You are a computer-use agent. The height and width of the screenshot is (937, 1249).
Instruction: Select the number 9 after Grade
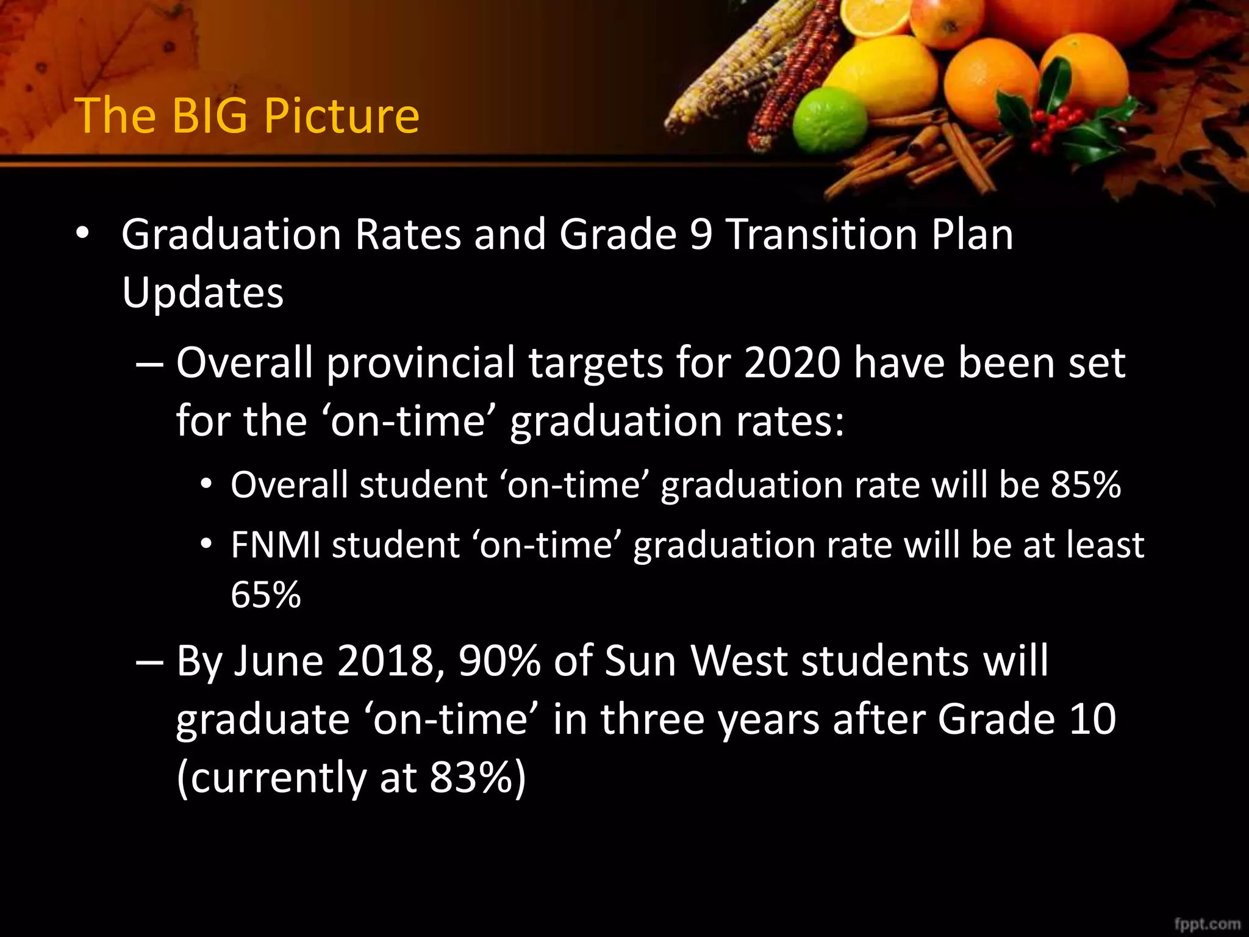point(701,234)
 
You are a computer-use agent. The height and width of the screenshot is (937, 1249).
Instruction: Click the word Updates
point(202,293)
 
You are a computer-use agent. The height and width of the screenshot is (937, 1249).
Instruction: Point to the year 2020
point(792,363)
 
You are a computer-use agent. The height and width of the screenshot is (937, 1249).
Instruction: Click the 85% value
point(1086,485)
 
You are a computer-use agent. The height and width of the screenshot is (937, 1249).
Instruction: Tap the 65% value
point(266,594)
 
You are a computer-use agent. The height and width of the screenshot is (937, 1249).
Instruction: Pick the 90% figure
point(499,661)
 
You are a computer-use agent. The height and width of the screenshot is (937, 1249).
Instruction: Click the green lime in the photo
point(829,120)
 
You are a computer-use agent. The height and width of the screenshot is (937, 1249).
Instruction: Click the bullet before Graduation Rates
point(83,234)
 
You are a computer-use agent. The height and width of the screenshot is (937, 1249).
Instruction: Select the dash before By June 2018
point(149,661)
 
